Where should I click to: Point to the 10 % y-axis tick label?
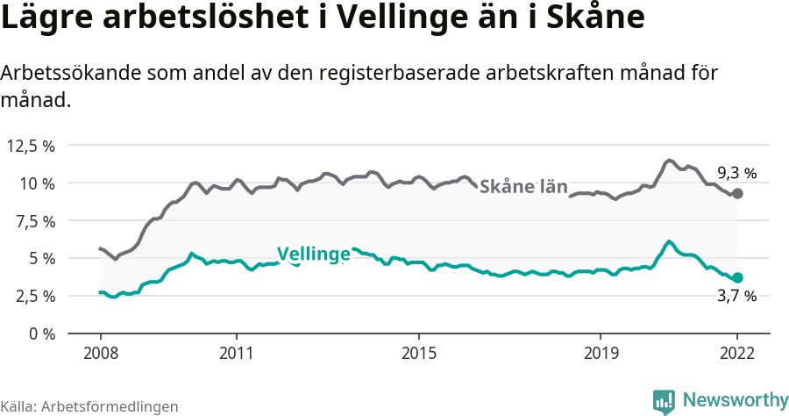click(x=36, y=183)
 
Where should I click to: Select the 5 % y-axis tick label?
click(x=40, y=259)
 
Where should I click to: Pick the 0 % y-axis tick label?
click(x=40, y=334)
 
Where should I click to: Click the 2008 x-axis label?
click(x=100, y=353)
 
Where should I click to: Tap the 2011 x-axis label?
click(x=237, y=353)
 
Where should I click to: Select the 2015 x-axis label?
click(x=419, y=353)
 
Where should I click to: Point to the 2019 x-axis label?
click(x=601, y=353)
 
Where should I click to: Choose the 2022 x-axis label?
click(x=737, y=353)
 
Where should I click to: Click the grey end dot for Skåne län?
click(x=737, y=193)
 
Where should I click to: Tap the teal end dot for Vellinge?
click(x=737, y=277)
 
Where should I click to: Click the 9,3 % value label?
click(x=736, y=173)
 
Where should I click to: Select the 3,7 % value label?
click(x=736, y=297)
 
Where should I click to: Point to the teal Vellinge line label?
click(x=314, y=255)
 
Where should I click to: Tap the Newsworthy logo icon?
click(x=664, y=401)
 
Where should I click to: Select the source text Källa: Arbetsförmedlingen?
click(x=89, y=406)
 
